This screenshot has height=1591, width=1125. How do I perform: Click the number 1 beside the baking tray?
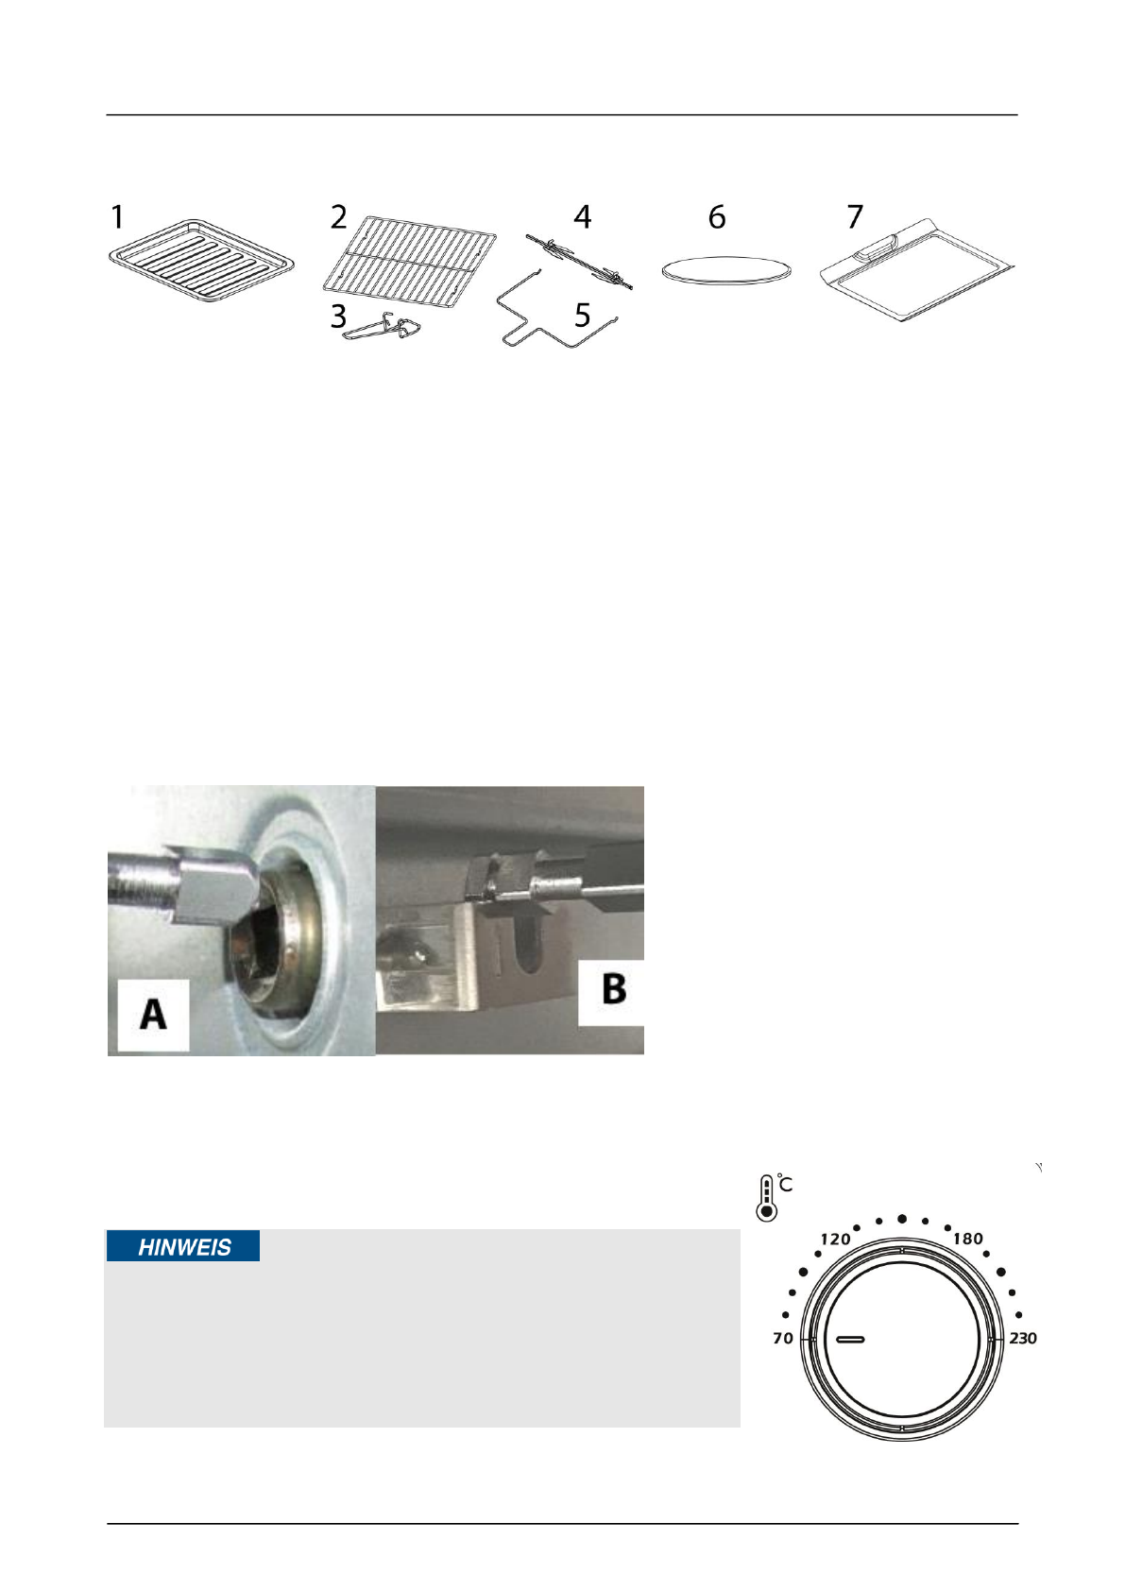point(117,217)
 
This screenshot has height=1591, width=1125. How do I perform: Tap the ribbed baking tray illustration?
point(201,261)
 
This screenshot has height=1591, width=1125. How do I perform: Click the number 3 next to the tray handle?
point(338,316)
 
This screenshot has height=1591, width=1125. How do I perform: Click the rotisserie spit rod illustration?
point(579,264)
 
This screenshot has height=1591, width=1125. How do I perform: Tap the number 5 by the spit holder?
point(582,316)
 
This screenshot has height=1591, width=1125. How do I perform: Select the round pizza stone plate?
point(725,270)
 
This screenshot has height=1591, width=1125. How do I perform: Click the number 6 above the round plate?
point(717,217)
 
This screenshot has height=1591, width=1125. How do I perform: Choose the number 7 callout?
point(855,217)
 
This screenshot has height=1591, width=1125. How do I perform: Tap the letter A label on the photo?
point(153,1015)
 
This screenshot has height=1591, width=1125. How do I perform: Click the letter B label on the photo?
point(613,990)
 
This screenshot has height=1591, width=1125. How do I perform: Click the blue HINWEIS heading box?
point(183,1247)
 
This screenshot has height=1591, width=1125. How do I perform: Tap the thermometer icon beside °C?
point(766,1198)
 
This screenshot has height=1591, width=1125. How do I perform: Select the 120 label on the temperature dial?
point(835,1239)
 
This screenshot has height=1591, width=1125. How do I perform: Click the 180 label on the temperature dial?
point(967,1239)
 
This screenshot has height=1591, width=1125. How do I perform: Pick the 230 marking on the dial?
point(1022,1338)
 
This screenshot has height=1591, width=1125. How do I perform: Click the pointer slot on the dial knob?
point(849,1339)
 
